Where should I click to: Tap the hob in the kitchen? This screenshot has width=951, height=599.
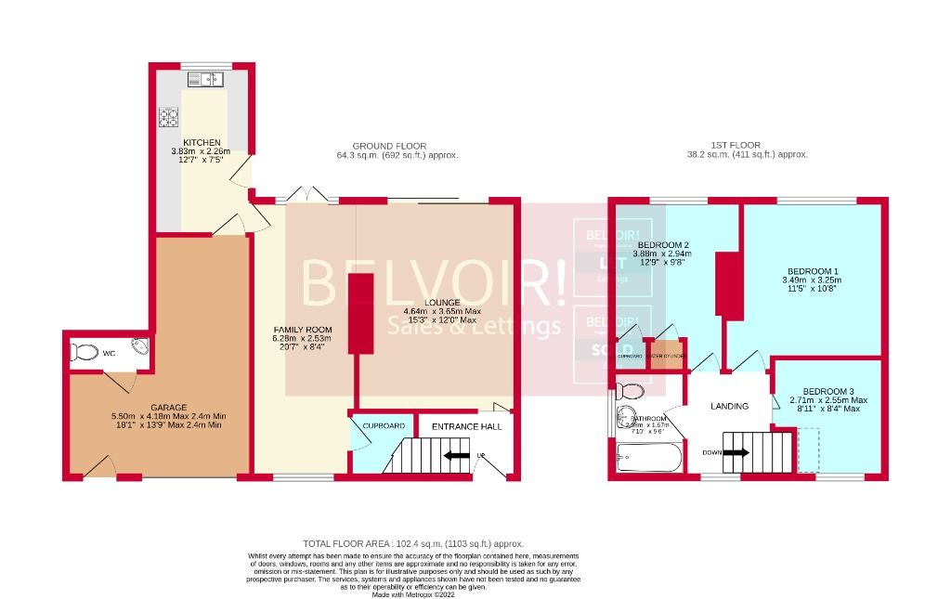pos(169,117)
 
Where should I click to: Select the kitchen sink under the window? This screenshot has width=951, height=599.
pos(206,81)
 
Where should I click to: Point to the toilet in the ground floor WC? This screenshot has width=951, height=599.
pos(85,352)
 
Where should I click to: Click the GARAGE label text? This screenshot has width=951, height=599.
pos(169,407)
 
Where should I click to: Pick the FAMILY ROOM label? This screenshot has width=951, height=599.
pos(295,331)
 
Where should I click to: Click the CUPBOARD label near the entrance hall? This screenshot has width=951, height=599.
pos(383,426)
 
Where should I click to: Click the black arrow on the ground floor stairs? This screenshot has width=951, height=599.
pos(456,456)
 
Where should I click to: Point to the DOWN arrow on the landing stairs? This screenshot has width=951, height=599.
pos(736,453)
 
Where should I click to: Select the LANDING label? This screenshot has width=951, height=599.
pos(729,406)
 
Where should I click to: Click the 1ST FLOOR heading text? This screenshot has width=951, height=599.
pos(736,145)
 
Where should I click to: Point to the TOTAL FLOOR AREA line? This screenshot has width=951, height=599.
pos(413,543)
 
